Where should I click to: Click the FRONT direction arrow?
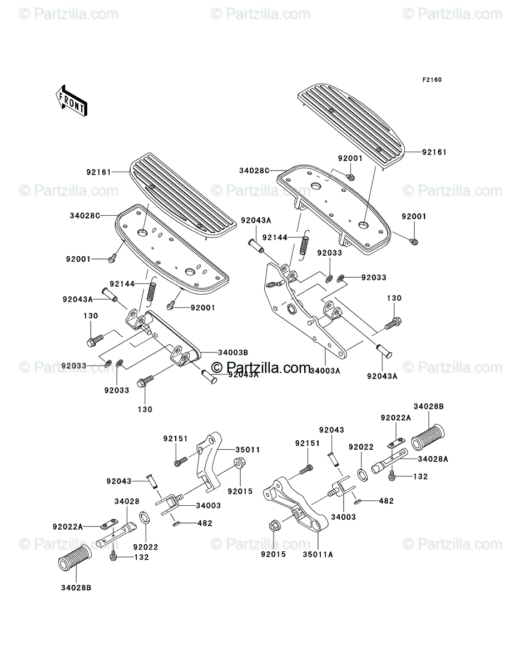(71, 101)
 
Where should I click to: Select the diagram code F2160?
(432, 80)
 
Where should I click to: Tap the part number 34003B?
(233, 352)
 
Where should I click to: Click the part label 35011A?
(318, 555)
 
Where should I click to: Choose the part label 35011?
(247, 450)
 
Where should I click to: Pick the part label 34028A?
(433, 459)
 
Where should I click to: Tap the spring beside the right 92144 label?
(304, 246)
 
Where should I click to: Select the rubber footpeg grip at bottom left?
(75, 562)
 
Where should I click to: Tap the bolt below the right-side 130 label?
(393, 323)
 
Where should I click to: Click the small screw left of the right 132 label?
(392, 476)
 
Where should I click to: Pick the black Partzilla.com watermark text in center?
(261, 367)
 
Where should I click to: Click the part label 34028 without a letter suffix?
(127, 501)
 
